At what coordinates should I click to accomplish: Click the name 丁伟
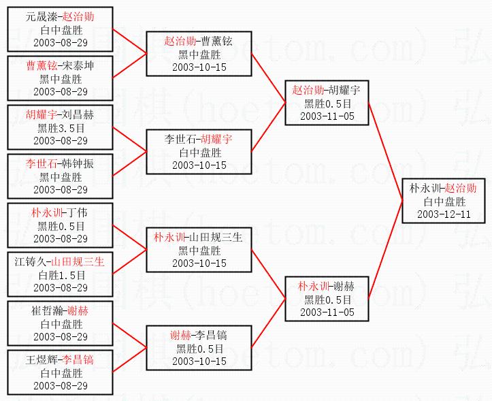pos(76,213)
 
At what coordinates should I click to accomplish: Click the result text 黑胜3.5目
pos(61,127)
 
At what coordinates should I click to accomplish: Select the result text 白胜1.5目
pos(61,274)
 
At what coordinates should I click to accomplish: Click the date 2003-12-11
pos(444,214)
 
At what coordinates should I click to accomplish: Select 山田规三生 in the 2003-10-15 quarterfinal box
pos(216,238)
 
